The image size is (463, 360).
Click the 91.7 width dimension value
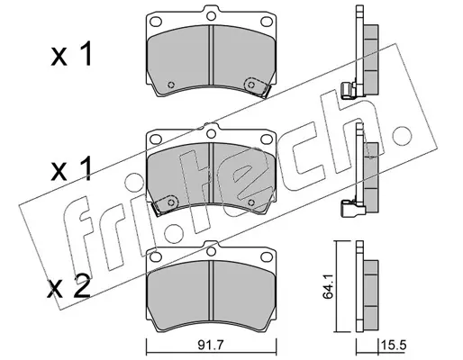pyautogui.click(x=211, y=346)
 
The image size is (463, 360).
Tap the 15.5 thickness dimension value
pyautogui.click(x=394, y=346)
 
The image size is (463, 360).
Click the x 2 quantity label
pyautogui.click(x=68, y=287)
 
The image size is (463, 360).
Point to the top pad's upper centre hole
pyautogui.click(x=212, y=15)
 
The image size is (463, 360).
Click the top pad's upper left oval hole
pyautogui.click(x=156, y=22)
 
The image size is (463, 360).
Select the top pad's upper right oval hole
pyautogui.click(x=266, y=22)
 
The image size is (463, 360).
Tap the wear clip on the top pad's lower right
pyautogui.click(x=256, y=87)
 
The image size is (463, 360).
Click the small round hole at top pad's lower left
pyautogui.click(x=171, y=85)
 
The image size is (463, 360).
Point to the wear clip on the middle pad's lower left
pyautogui.click(x=166, y=204)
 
